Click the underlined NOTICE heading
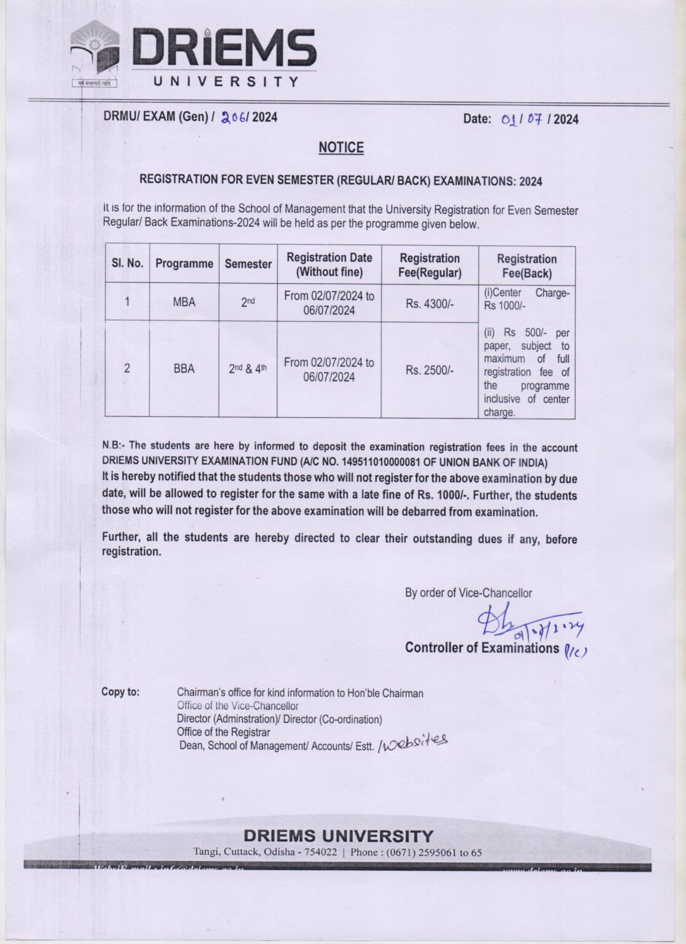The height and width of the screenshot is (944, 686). tap(341, 147)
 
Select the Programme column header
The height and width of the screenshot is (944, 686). tap(184, 264)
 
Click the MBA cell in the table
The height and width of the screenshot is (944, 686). tap(184, 302)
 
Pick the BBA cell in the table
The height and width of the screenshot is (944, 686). tap(184, 369)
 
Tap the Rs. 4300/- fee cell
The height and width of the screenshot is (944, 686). tap(430, 304)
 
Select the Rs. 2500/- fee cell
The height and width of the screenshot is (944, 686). tap(430, 370)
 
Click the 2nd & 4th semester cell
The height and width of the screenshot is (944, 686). tap(248, 369)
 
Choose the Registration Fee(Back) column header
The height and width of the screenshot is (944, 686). tap(527, 265)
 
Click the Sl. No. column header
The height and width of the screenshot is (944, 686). tap(127, 264)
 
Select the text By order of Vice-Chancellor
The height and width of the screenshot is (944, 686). tap(468, 593)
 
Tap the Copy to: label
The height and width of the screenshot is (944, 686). tap(120, 692)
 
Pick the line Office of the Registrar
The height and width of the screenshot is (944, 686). tap(223, 732)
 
